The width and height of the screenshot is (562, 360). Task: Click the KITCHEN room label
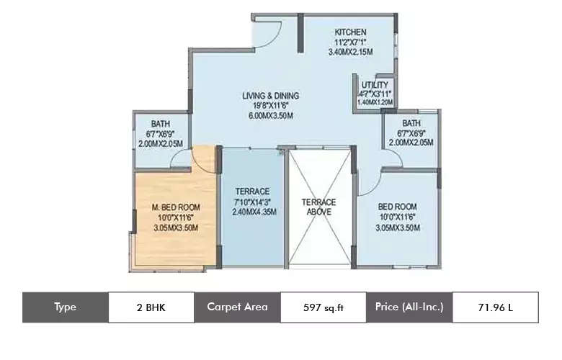click(x=351, y=32)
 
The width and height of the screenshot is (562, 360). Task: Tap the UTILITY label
click(x=375, y=85)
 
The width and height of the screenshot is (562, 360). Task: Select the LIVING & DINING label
click(x=270, y=96)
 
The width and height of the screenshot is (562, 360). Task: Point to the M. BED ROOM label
click(x=176, y=207)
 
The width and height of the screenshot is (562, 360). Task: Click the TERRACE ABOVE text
click(x=318, y=207)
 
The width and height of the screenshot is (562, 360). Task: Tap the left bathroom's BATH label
click(x=160, y=124)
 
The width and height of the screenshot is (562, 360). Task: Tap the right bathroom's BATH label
click(x=411, y=123)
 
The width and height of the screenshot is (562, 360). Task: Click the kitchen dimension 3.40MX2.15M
click(x=351, y=53)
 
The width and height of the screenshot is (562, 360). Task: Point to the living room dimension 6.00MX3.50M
click(x=270, y=116)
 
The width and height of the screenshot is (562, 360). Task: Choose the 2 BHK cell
click(x=151, y=307)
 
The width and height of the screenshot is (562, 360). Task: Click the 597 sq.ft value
click(x=323, y=307)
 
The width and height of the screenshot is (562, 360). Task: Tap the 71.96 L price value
click(x=495, y=307)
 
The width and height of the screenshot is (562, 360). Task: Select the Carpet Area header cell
click(x=237, y=307)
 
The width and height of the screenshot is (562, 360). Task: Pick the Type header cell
click(x=65, y=307)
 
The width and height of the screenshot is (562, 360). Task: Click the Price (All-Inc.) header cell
click(x=409, y=307)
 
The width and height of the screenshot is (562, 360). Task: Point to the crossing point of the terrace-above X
click(x=319, y=209)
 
